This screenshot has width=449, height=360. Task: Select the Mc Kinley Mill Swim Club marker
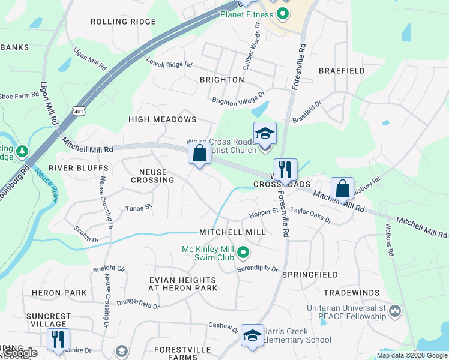[x=243, y=253]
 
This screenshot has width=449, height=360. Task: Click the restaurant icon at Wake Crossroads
[x=285, y=169]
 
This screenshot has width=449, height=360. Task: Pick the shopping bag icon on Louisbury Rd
[x=342, y=188]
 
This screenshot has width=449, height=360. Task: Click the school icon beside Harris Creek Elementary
[x=253, y=337]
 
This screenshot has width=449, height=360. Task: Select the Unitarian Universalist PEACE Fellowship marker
[x=395, y=310]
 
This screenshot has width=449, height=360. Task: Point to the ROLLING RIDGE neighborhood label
[x=123, y=22]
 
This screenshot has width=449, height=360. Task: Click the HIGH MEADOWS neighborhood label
[x=163, y=119]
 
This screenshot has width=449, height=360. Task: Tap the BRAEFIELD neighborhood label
[x=342, y=71]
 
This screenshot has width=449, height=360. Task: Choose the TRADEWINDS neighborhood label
[x=351, y=292]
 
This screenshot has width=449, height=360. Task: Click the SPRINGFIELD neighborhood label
[x=310, y=274]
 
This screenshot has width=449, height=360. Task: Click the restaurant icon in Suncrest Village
[x=59, y=339]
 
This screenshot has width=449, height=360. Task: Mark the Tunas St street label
[x=139, y=208]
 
